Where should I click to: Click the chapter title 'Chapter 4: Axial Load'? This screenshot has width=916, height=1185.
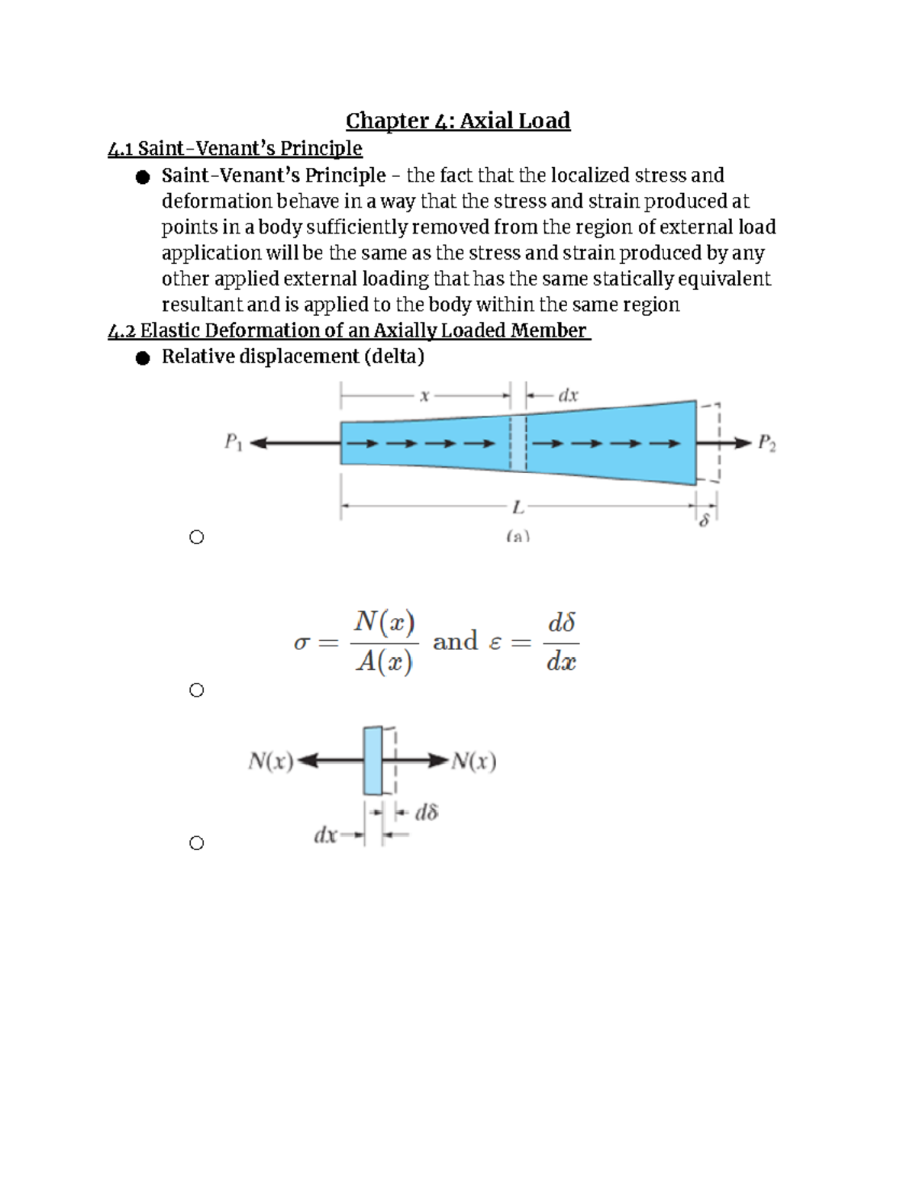coord(458,121)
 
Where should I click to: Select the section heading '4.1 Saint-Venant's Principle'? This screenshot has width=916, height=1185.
coord(235,148)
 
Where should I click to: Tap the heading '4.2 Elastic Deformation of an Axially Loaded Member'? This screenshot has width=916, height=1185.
coord(349,330)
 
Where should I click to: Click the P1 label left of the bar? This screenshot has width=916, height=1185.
coord(233,443)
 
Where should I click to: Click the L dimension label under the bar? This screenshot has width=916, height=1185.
coord(518,506)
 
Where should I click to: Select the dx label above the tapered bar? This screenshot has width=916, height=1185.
coord(568,395)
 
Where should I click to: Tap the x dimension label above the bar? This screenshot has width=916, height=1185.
coord(425,395)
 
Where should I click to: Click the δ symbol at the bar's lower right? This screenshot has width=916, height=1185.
coord(705,522)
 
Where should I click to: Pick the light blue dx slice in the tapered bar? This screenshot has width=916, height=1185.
coord(518,443)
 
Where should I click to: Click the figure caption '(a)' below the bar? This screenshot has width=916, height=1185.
coord(518,536)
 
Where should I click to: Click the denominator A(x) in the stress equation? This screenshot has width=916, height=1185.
coord(384,662)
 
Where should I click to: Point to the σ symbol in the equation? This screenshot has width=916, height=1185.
coord(302,643)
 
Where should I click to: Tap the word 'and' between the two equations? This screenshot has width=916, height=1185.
coord(455,642)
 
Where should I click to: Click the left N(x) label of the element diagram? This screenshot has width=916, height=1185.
coord(271,761)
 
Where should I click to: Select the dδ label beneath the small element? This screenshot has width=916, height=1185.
coord(426,813)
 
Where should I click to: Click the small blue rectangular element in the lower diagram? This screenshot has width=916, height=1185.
coord(373,761)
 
